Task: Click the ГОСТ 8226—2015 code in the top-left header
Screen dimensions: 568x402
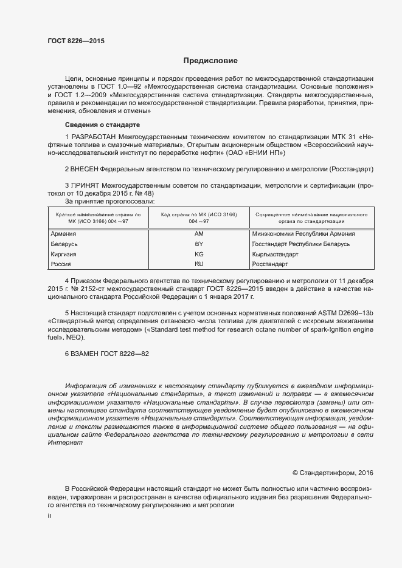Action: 76,41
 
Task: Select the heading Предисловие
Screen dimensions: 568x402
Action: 210,61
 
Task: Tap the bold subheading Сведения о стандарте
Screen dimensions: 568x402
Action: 102,125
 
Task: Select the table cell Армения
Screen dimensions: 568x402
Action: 63,234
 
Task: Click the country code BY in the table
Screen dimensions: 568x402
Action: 199,244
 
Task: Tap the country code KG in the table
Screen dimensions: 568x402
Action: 199,255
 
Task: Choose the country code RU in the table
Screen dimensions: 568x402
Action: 199,264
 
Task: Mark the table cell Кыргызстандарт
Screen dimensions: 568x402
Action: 275,255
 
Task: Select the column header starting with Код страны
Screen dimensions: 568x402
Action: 199,218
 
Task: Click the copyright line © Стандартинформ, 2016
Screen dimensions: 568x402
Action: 333,473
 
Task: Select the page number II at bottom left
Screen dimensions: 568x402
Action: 50,516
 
